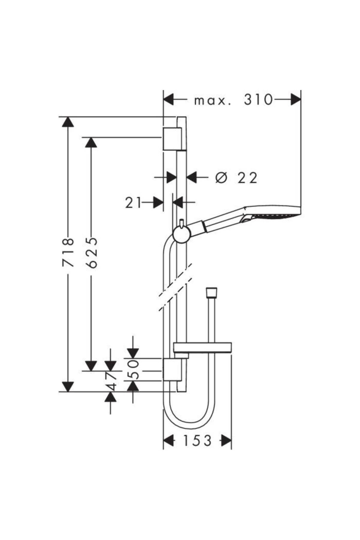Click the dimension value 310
pos(258,100)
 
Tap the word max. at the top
pos(213,101)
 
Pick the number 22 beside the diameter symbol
pos(247,178)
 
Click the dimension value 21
pos(133,203)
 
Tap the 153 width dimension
pos(197,441)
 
